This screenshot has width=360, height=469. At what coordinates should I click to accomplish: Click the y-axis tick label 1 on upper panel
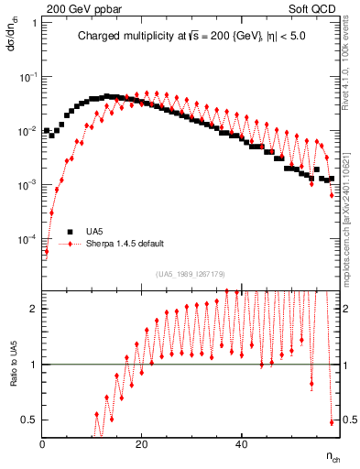tap(34, 23)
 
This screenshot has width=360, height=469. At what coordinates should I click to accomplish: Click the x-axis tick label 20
tap(141, 444)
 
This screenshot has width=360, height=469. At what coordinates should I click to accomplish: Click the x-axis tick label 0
tap(43, 444)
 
